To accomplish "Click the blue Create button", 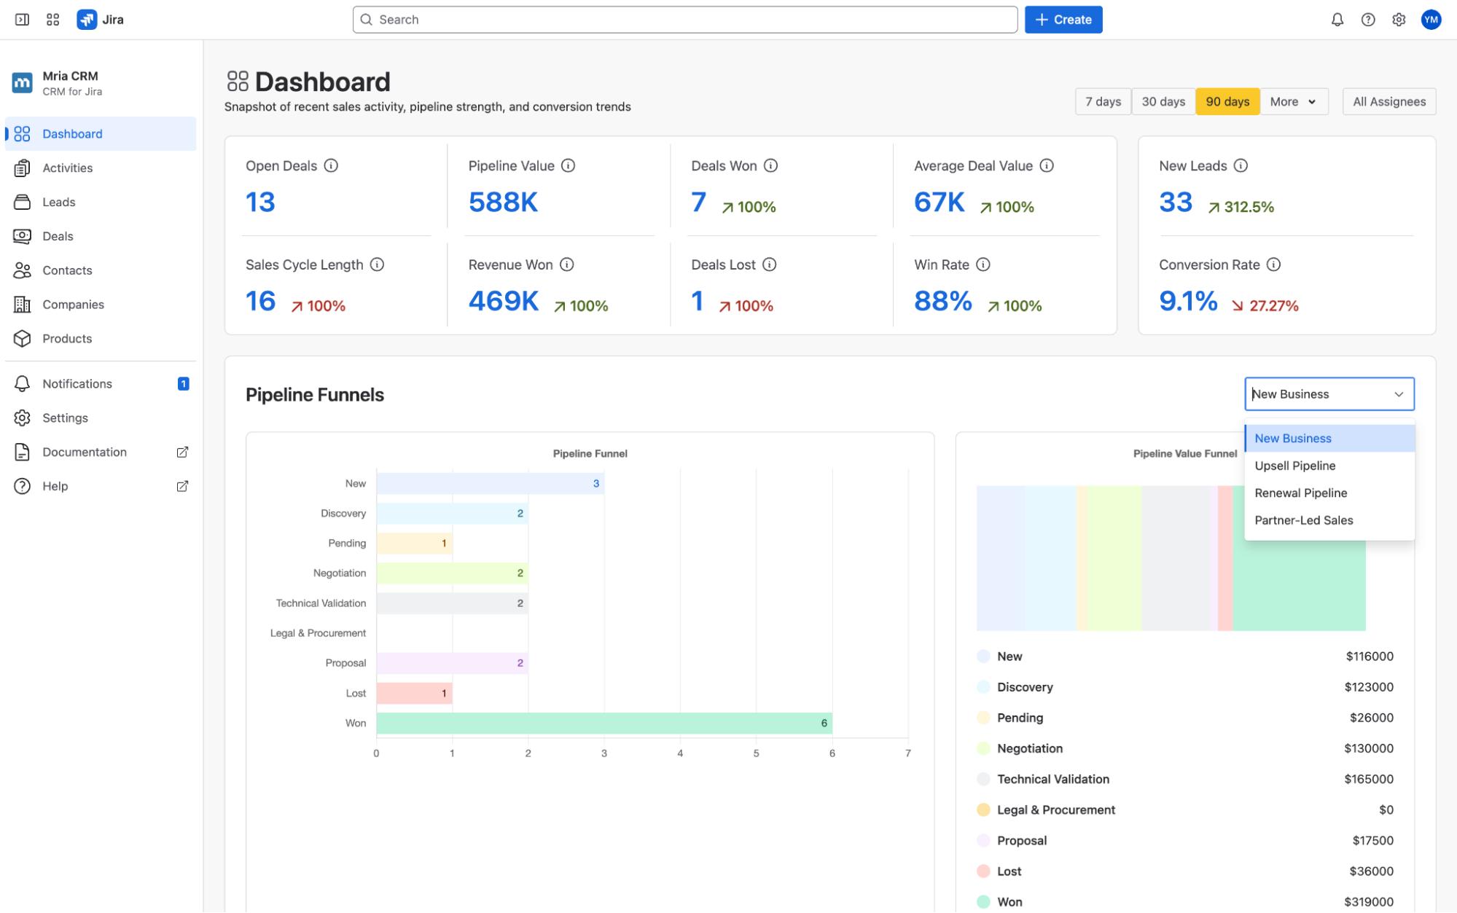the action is pyautogui.click(x=1063, y=20).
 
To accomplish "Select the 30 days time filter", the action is pyautogui.click(x=1163, y=102).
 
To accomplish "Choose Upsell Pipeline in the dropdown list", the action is pyautogui.click(x=1294, y=466).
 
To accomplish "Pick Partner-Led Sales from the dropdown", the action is pyautogui.click(x=1303, y=520).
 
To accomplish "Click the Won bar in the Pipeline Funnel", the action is pyautogui.click(x=604, y=723).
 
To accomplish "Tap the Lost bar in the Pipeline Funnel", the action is pyautogui.click(x=415, y=693).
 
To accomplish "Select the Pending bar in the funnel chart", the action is pyautogui.click(x=415, y=543).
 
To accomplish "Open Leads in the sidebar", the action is pyautogui.click(x=58, y=202).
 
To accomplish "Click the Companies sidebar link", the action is pyautogui.click(x=73, y=305).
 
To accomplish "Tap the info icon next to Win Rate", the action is pyautogui.click(x=983, y=265).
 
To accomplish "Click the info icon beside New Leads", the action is pyautogui.click(x=1241, y=165).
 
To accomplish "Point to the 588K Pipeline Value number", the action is pyautogui.click(x=503, y=202).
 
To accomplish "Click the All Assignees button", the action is pyautogui.click(x=1389, y=102).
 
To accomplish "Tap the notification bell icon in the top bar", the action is pyautogui.click(x=1337, y=20).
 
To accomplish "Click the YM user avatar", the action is pyautogui.click(x=1431, y=20).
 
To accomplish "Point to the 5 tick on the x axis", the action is pyautogui.click(x=756, y=753).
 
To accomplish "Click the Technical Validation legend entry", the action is pyautogui.click(x=1043, y=779).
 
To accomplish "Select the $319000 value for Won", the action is pyautogui.click(x=1369, y=901).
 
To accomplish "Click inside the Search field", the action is pyautogui.click(x=685, y=20).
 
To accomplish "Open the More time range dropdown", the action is pyautogui.click(x=1293, y=102).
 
